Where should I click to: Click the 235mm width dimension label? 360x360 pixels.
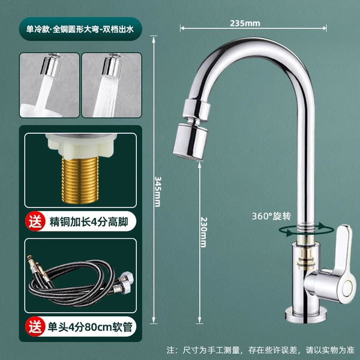(x=245, y=23)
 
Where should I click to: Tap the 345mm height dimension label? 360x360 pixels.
(x=158, y=192)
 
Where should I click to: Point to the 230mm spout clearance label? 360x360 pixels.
(x=203, y=232)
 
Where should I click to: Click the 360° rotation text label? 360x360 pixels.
(x=271, y=216)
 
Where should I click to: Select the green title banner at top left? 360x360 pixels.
(x=80, y=29)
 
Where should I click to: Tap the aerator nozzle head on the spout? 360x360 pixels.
(x=190, y=142)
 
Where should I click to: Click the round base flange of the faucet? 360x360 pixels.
(x=306, y=314)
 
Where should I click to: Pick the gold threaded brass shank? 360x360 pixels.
(x=80, y=180)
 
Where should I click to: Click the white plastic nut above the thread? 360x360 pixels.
(x=81, y=145)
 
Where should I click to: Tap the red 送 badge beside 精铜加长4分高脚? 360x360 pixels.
(x=35, y=221)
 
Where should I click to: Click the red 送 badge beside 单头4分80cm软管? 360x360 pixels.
(x=35, y=326)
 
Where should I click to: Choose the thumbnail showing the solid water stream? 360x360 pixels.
(x=50, y=85)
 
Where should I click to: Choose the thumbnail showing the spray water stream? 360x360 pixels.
(x=112, y=85)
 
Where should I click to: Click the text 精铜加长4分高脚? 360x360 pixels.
(x=89, y=222)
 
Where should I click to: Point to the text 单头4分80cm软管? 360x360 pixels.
(x=90, y=327)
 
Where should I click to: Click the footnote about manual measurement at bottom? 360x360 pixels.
(x=261, y=350)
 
